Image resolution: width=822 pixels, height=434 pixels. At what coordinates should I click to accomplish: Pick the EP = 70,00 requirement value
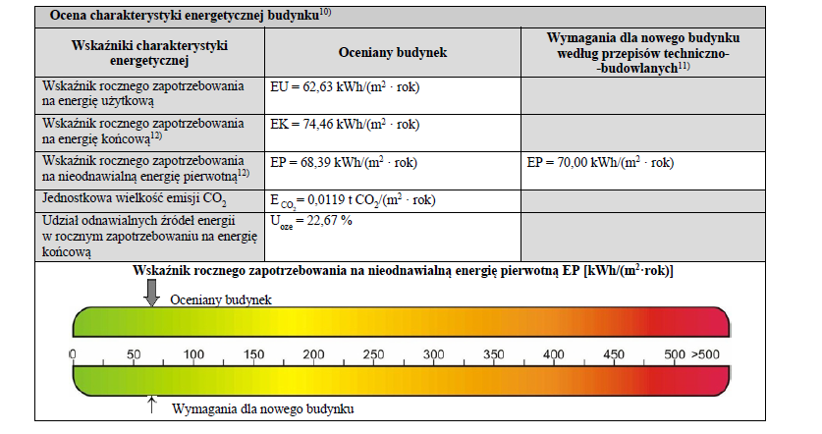tap(600, 161)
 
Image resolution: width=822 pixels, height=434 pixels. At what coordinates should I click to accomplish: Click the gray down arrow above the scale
tap(151, 292)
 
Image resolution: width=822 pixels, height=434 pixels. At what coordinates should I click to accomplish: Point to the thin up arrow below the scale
tap(151, 401)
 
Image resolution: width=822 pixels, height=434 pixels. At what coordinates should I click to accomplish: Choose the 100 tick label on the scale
tap(193, 353)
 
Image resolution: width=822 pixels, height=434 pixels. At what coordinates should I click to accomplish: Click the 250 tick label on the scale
tap(373, 353)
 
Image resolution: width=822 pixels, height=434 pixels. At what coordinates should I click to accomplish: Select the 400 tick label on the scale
tap(554, 353)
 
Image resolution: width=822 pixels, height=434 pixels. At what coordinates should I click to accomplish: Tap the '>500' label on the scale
tap(706, 353)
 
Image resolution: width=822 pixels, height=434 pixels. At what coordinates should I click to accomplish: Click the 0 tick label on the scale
tap(74, 353)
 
